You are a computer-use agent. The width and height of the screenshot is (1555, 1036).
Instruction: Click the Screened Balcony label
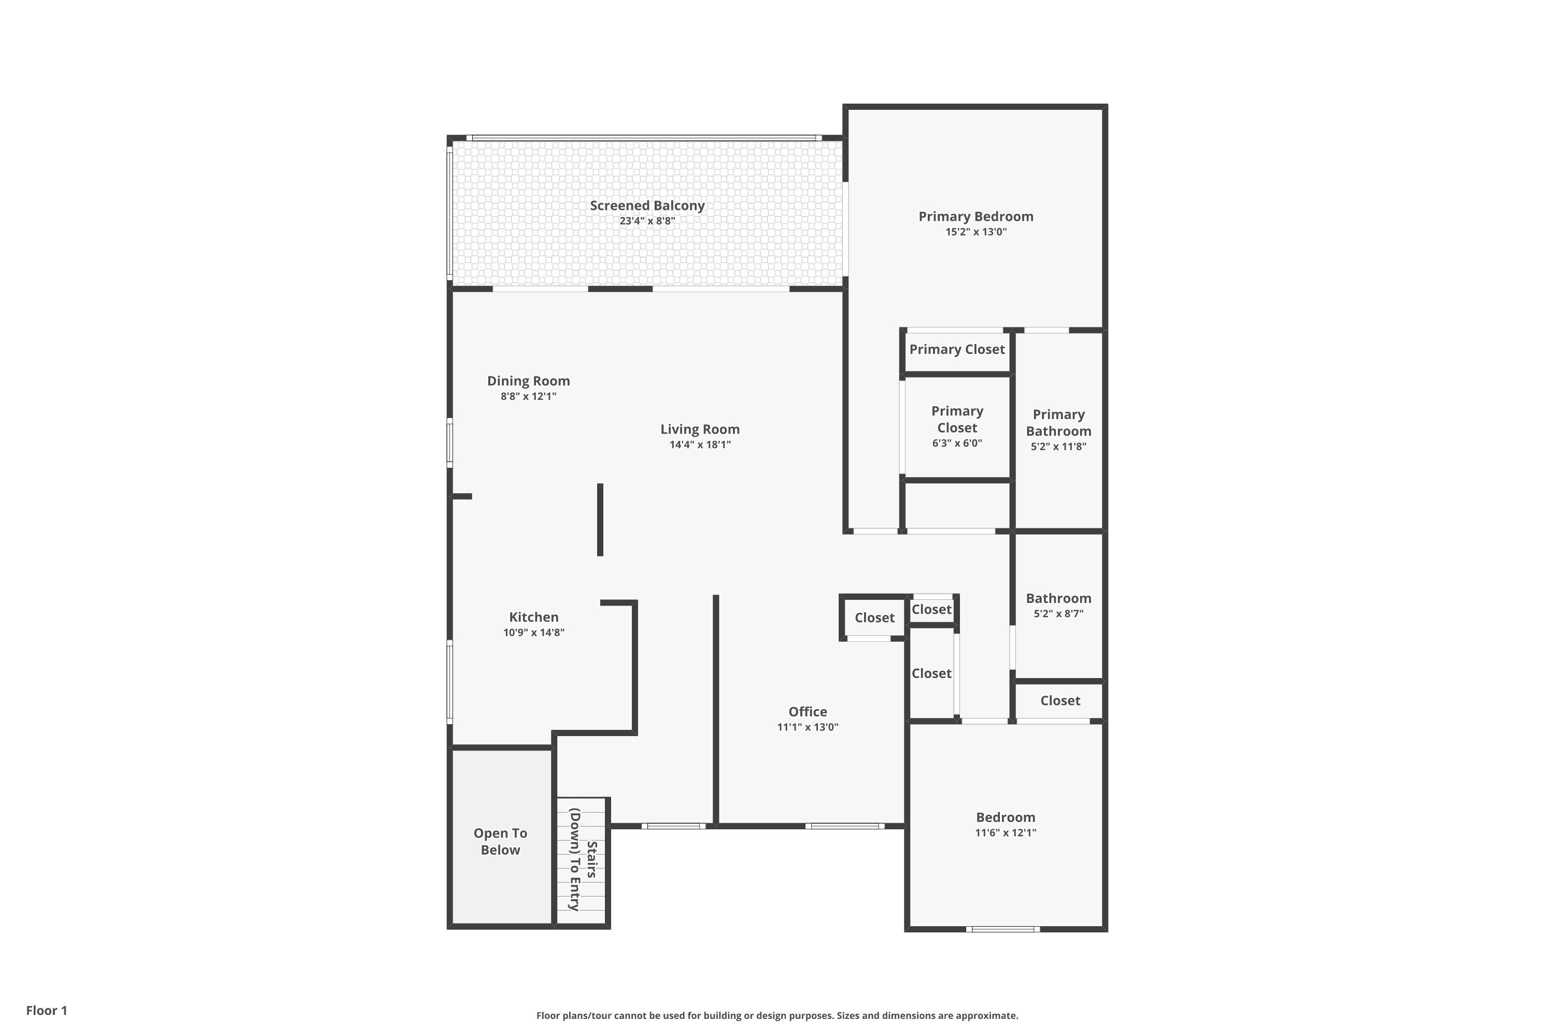[647, 206]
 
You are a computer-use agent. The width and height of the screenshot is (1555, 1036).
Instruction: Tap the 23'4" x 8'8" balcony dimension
[647, 221]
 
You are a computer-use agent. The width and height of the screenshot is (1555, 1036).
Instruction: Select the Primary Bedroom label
[976, 217]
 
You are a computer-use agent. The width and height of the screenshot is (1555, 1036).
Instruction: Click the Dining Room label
[528, 381]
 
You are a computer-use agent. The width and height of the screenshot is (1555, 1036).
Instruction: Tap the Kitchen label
[533, 617]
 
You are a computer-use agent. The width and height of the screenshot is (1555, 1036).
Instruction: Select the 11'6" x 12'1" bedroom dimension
[1006, 832]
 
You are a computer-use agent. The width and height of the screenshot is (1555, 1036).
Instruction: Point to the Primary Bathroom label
[1058, 423]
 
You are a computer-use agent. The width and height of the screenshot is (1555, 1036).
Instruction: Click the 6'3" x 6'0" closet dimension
[957, 443]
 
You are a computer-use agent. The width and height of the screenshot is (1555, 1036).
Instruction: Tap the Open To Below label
[501, 842]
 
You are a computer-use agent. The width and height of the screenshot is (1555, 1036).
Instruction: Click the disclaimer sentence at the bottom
[777, 1015]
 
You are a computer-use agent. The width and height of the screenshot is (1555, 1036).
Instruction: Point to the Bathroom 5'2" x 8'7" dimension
[1058, 614]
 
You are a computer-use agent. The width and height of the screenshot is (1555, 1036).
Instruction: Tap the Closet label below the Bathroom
[1061, 700]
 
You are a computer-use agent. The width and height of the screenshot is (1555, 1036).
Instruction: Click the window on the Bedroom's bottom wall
[1003, 929]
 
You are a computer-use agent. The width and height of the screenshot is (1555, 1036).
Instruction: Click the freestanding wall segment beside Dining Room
[600, 520]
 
